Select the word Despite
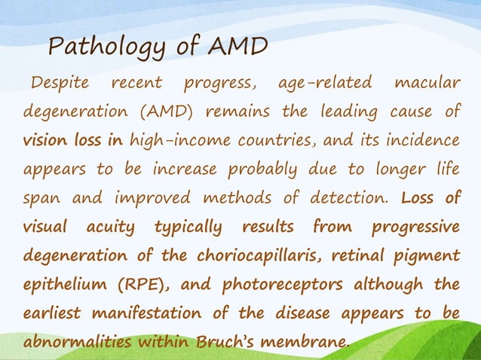(60, 82)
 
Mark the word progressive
(416, 227)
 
